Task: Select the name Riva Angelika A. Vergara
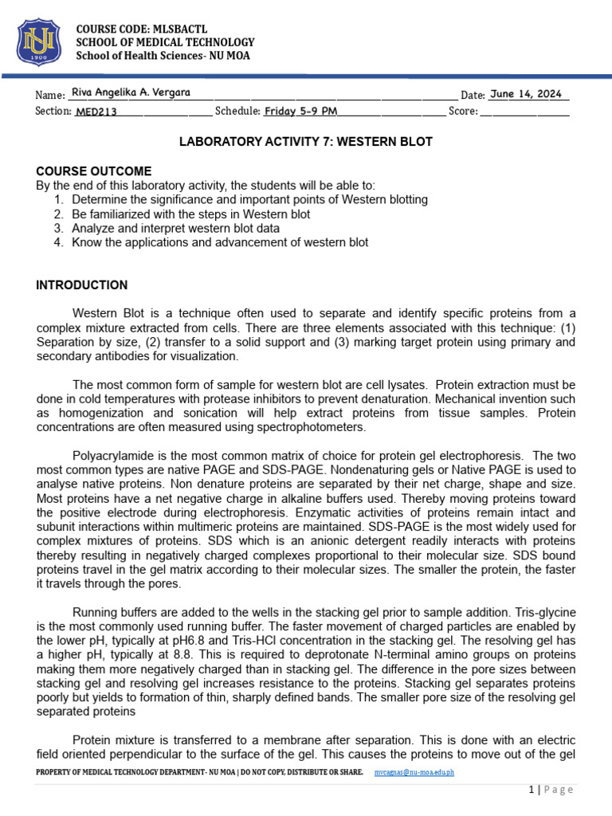click(131, 92)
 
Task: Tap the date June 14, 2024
click(526, 94)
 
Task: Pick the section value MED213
click(96, 112)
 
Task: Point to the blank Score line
click(525, 112)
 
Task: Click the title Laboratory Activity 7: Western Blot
click(305, 142)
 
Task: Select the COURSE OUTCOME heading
click(94, 171)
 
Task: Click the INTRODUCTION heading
click(82, 285)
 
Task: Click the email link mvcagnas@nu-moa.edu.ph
click(414, 773)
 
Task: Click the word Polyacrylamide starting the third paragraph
click(109, 456)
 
